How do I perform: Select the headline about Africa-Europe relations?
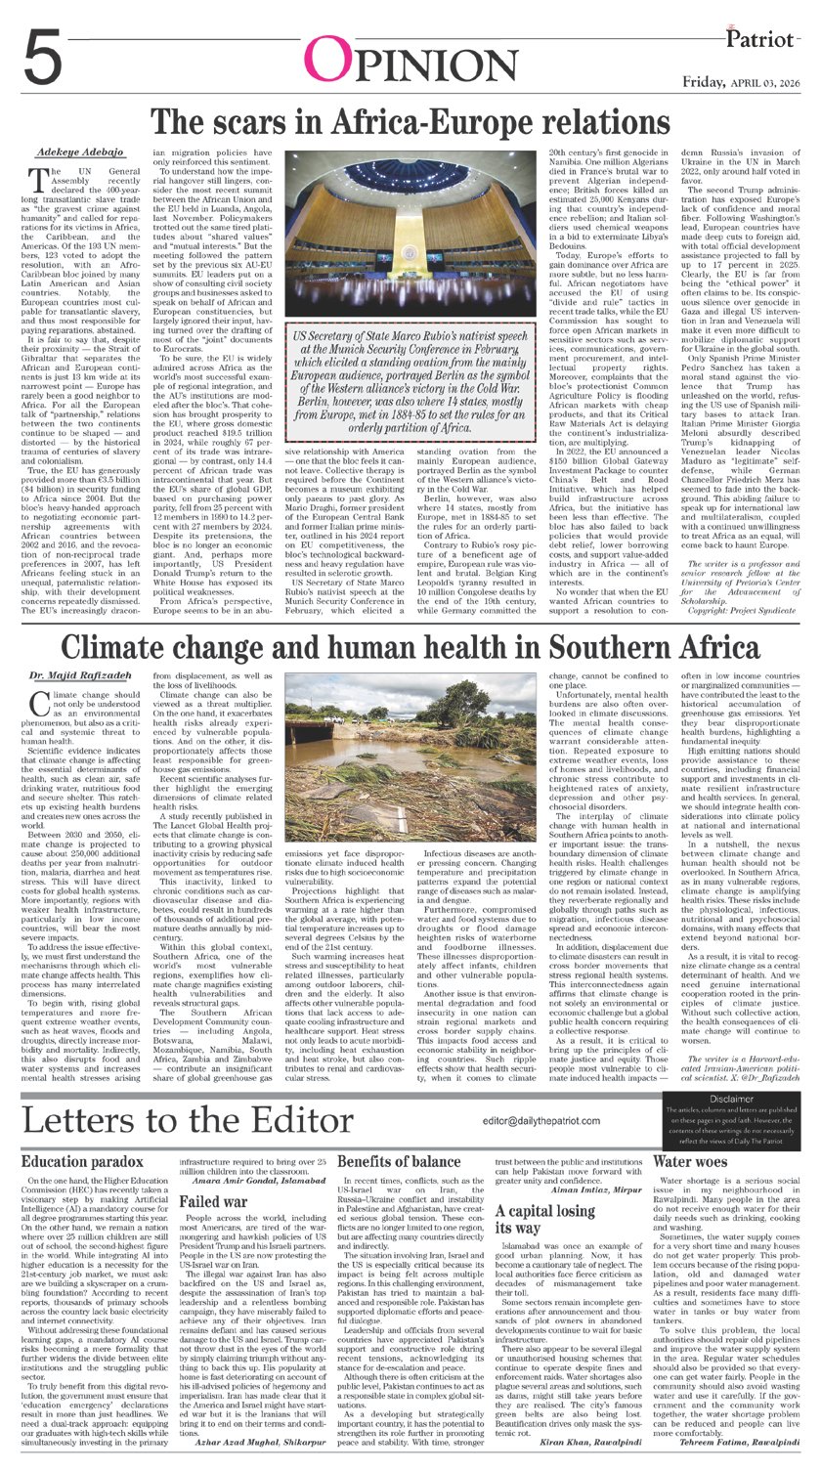tap(411, 124)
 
